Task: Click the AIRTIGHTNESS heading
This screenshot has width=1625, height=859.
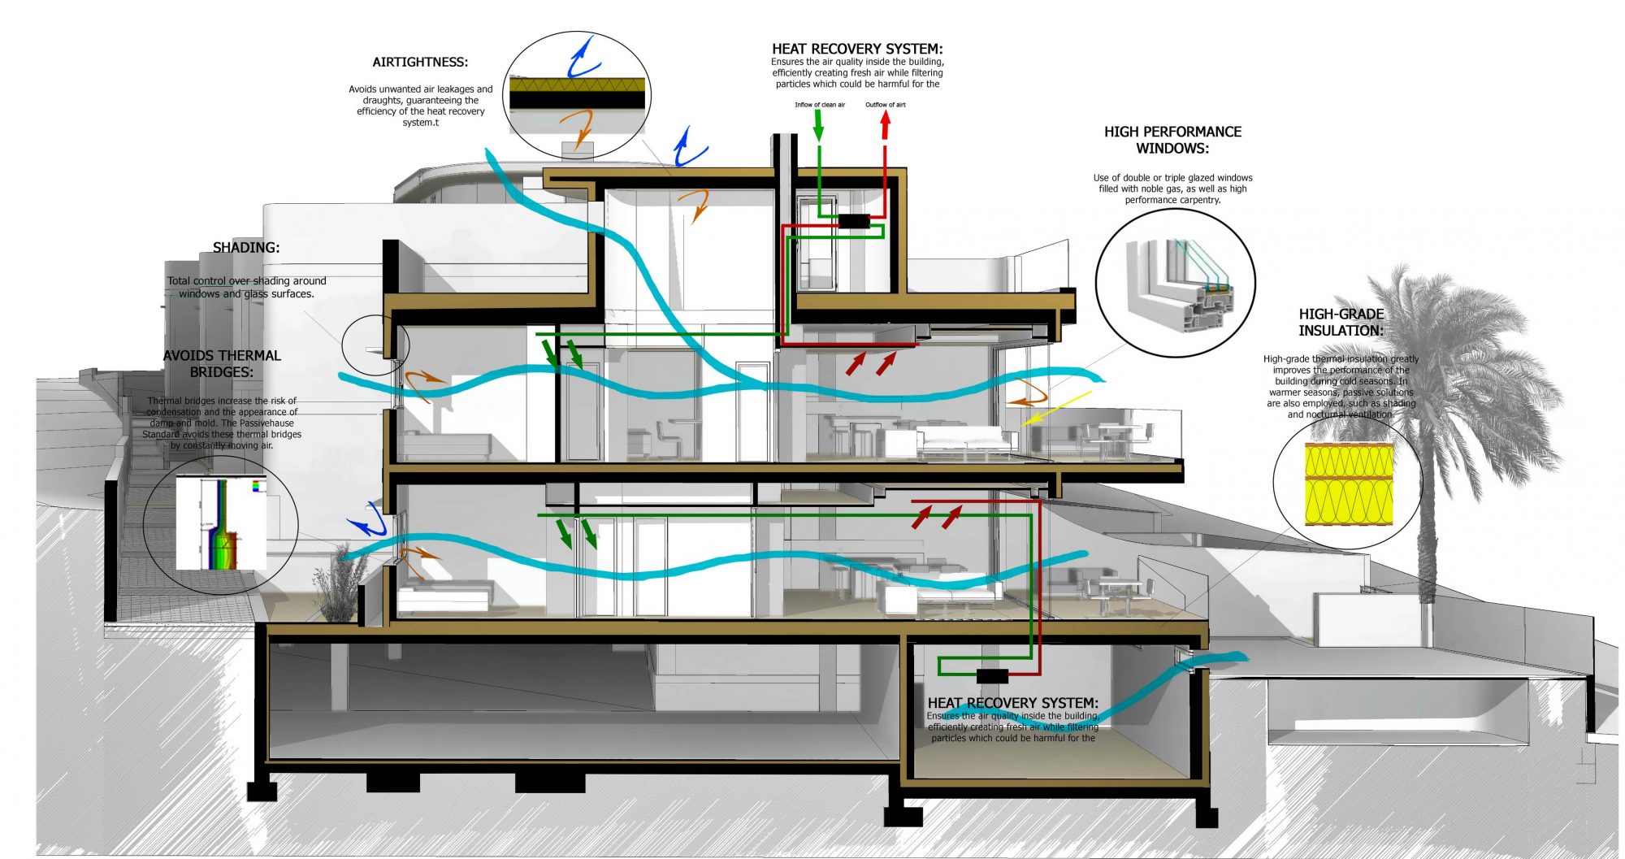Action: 420,63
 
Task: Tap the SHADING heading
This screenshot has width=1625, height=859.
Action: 246,248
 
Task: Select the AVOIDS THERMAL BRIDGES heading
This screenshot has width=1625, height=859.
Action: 222,363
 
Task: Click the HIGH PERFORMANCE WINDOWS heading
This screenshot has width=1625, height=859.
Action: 1172,140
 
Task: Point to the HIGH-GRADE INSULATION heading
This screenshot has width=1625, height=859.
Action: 1341,322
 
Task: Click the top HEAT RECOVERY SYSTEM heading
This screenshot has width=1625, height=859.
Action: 857,49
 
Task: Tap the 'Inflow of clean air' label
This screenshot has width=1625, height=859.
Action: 820,105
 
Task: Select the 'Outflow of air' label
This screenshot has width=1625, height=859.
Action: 885,105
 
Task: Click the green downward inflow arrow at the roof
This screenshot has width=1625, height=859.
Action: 818,126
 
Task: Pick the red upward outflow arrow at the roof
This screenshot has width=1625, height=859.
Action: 886,124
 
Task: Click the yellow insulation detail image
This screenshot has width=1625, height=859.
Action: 1349,484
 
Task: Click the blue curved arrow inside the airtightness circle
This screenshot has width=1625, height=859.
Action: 582,57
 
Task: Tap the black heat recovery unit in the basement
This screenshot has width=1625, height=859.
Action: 991,675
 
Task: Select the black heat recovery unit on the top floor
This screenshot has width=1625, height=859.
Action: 853,221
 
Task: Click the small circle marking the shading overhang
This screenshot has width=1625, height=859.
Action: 375,345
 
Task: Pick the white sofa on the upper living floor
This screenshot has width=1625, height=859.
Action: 967,440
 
